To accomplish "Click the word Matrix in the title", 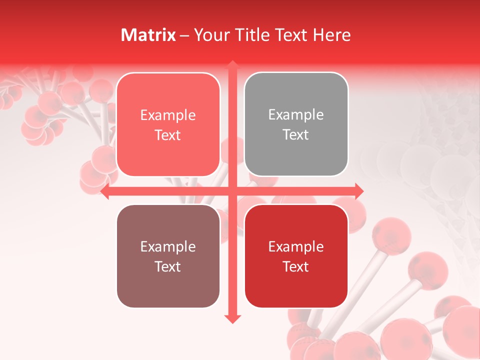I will pyautogui.click(x=148, y=35).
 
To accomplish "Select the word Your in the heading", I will pyautogui.click(x=212, y=35).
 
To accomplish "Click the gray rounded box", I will pyautogui.click(x=296, y=124).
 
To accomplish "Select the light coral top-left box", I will pyautogui.click(x=168, y=124).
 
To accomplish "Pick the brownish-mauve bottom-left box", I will pyautogui.click(x=168, y=256).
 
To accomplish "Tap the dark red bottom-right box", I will pyautogui.click(x=296, y=256).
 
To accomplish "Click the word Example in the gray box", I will pyautogui.click(x=296, y=115).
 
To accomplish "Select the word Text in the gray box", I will pyautogui.click(x=296, y=135).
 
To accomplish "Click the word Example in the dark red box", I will pyautogui.click(x=296, y=247).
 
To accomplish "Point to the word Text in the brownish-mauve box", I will pyautogui.click(x=168, y=266).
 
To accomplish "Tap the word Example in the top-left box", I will pyautogui.click(x=168, y=115).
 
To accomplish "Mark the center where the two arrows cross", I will pyautogui.click(x=232, y=191).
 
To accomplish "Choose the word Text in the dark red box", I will pyautogui.click(x=296, y=266).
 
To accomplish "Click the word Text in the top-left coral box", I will pyautogui.click(x=168, y=135).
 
